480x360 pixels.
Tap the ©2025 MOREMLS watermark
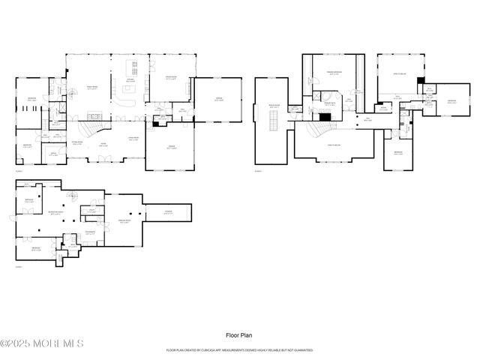(x=42, y=343)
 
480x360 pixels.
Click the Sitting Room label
(x=76, y=142)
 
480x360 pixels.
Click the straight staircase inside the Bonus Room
(x=274, y=120)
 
